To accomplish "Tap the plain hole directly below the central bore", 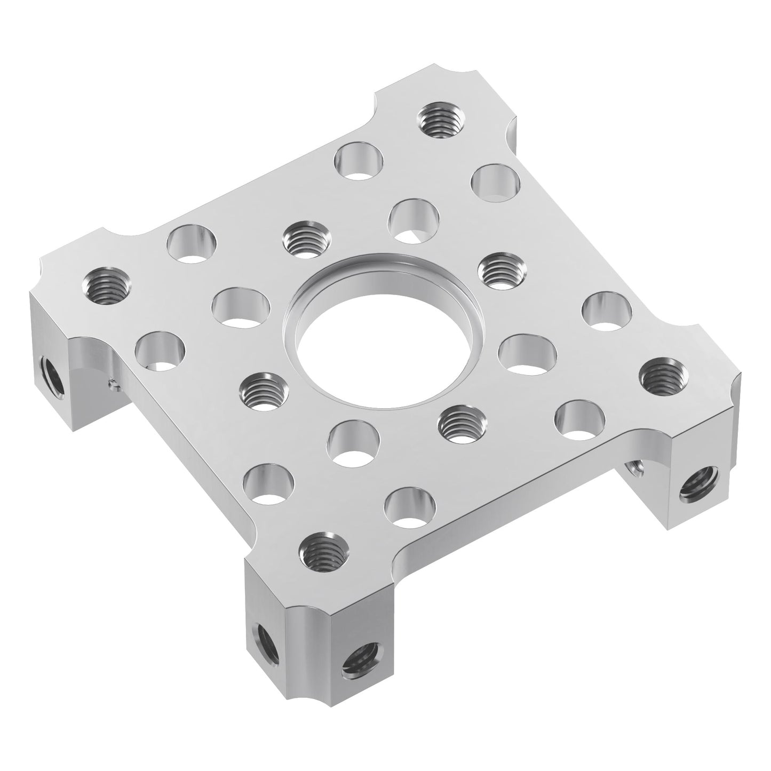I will (x=353, y=441).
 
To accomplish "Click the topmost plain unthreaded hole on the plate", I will (x=361, y=160).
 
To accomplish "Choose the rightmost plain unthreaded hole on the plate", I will (x=607, y=310).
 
